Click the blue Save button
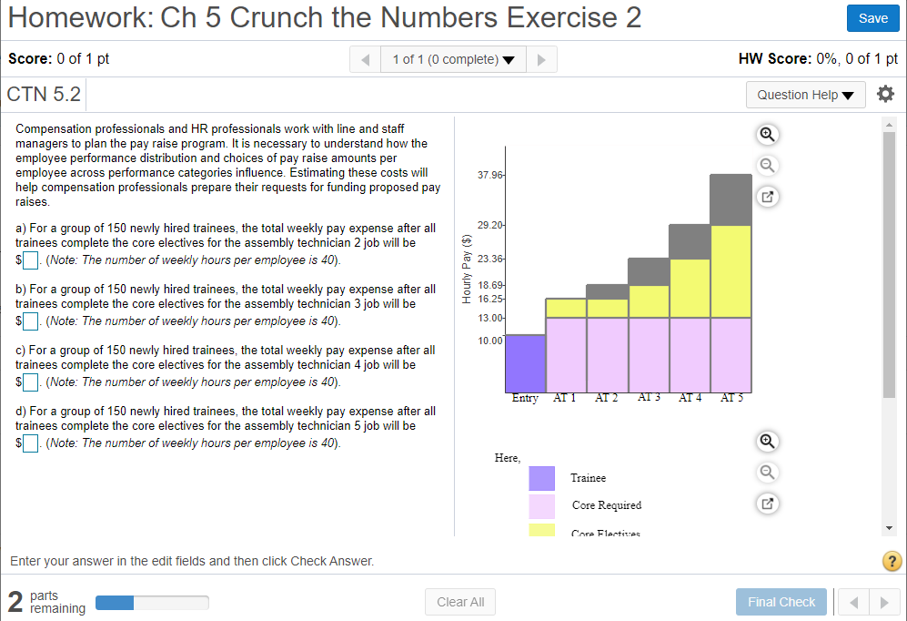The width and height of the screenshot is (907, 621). pyautogui.click(x=872, y=18)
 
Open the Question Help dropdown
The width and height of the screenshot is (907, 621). pyautogui.click(x=805, y=95)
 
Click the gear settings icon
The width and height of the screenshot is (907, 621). pyautogui.click(x=885, y=94)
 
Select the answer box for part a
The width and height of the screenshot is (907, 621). pyautogui.click(x=30, y=261)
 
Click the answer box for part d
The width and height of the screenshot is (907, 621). pyautogui.click(x=30, y=443)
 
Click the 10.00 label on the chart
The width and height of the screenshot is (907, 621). pyautogui.click(x=489, y=341)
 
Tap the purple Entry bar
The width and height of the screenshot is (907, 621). pyautogui.click(x=525, y=363)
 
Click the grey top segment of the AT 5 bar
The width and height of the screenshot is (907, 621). pyautogui.click(x=731, y=199)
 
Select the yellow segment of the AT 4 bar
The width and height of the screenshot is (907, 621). pyautogui.click(x=689, y=288)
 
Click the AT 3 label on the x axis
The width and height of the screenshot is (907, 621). pyautogui.click(x=649, y=398)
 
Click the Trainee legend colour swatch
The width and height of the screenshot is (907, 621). pyautogui.click(x=541, y=478)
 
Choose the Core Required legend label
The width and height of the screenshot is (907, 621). pyautogui.click(x=606, y=505)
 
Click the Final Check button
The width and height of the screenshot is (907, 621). pyautogui.click(x=781, y=602)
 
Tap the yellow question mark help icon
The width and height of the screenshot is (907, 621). pyautogui.click(x=892, y=561)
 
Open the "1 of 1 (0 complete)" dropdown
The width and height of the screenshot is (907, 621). pyautogui.click(x=453, y=59)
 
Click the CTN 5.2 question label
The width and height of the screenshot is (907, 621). pyautogui.click(x=44, y=95)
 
